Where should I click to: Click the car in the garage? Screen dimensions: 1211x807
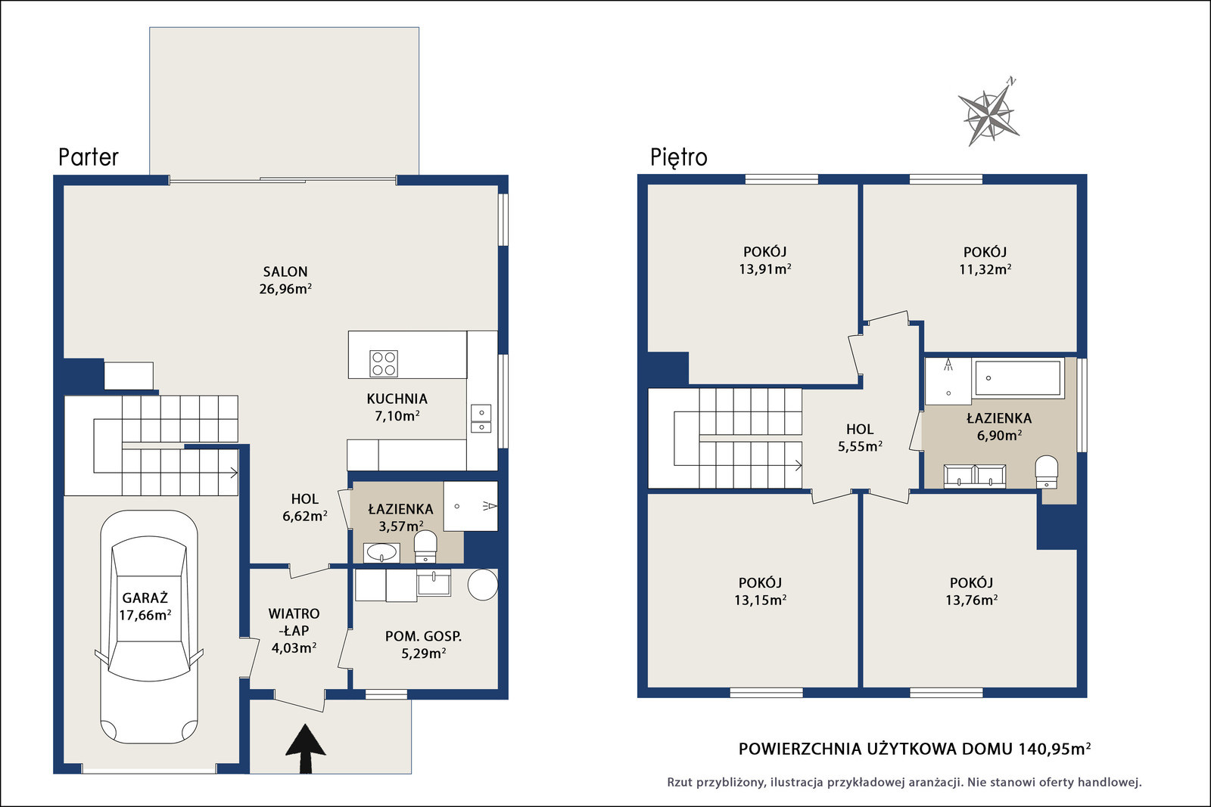tap(148, 627)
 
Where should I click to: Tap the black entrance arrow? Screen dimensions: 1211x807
tap(306, 749)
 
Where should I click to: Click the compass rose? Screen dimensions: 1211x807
tap(988, 114)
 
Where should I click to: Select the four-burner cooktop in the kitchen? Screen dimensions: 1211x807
tap(384, 364)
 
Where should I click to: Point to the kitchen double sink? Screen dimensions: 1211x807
tap(481, 418)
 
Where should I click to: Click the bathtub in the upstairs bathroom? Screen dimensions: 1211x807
tap(1017, 378)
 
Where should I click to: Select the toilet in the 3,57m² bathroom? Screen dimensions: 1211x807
tap(425, 547)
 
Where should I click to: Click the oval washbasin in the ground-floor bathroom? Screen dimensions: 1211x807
tap(381, 553)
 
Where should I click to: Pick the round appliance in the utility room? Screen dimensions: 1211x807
tap(483, 585)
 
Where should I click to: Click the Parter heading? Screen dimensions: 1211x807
tap(88, 157)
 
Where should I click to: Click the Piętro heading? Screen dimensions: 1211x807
tap(678, 158)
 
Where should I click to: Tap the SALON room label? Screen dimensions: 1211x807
tap(285, 272)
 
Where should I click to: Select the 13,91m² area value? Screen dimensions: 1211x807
tap(765, 268)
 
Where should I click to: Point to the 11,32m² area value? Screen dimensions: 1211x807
tap(985, 269)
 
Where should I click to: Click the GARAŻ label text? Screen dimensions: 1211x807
tap(145, 598)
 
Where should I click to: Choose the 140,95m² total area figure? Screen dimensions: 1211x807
tap(1054, 749)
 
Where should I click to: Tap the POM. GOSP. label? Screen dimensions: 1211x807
tap(423, 636)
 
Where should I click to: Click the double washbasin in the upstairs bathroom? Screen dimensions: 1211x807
tap(975, 476)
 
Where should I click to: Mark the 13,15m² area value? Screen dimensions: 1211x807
tap(760, 600)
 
